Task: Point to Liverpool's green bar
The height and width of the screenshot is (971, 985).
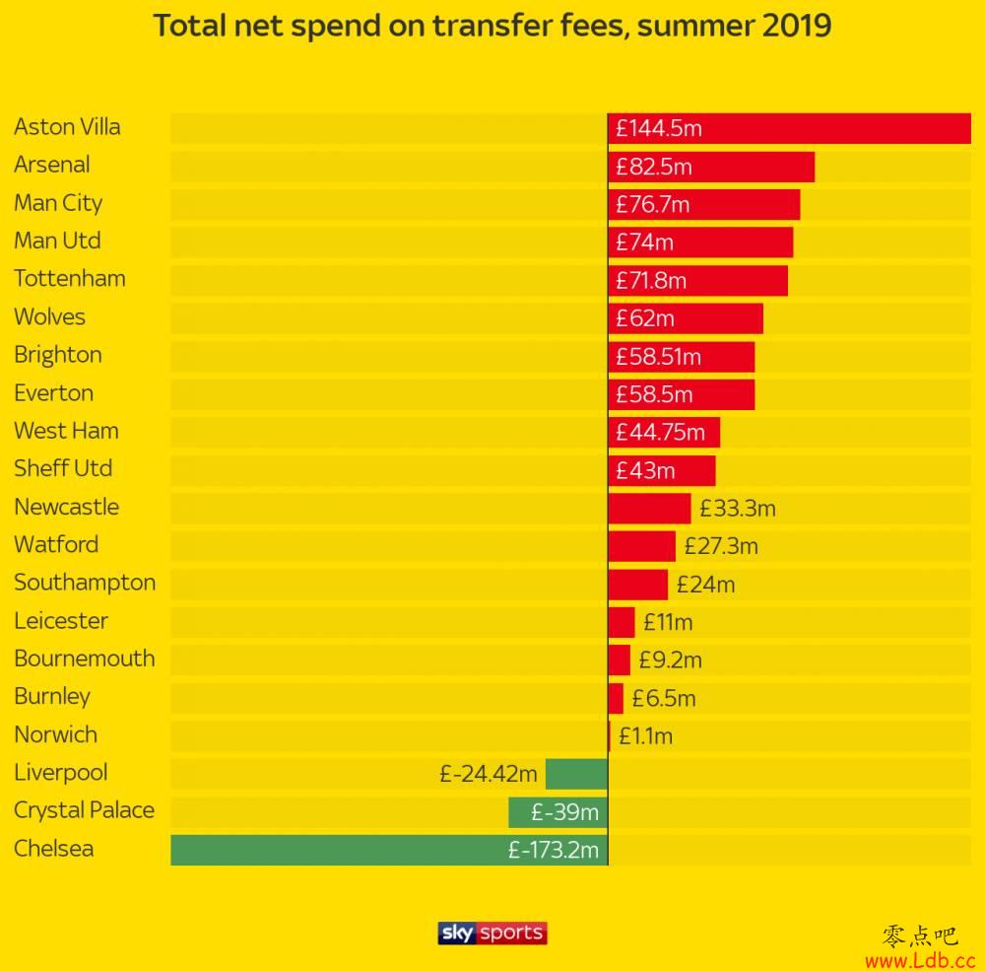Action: tap(576, 774)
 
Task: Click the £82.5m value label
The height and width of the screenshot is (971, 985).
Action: tap(654, 167)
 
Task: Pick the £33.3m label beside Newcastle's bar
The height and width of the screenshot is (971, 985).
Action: tap(738, 509)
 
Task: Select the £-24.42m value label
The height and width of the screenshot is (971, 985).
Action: tap(489, 774)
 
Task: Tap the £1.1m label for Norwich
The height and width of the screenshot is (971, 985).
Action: tap(646, 735)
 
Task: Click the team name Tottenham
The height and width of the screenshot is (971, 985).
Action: tap(70, 279)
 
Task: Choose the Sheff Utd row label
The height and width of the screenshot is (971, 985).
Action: tap(63, 468)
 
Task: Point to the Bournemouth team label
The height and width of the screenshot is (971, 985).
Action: tap(85, 659)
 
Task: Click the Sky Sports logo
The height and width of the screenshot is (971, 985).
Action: tap(492, 933)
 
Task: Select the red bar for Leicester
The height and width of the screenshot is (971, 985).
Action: tap(622, 622)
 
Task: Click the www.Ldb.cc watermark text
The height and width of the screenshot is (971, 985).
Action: tap(920, 958)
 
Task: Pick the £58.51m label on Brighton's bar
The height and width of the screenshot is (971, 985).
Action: tap(659, 356)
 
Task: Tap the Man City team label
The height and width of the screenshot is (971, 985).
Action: tap(58, 203)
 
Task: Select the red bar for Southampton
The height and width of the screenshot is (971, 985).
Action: tap(637, 584)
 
